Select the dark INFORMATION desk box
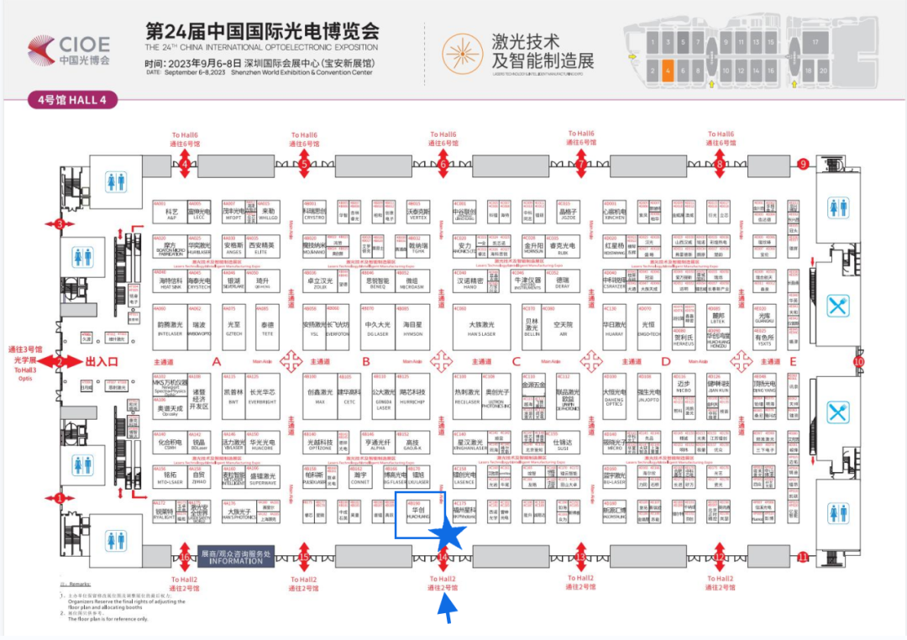pyautogui.click(x=236, y=557)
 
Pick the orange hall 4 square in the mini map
pyautogui.click(x=668, y=71)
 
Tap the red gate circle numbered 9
pyautogui.click(x=803, y=164)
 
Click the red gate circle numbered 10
pyautogui.click(x=858, y=362)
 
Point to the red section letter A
pyautogui.click(x=217, y=362)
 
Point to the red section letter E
pyautogui.click(x=792, y=362)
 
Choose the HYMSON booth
pyautogui.click(x=413, y=328)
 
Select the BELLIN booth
pyautogui.click(x=532, y=328)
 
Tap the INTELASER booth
pyautogui.click(x=170, y=328)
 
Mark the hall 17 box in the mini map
pyautogui.click(x=813, y=40)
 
